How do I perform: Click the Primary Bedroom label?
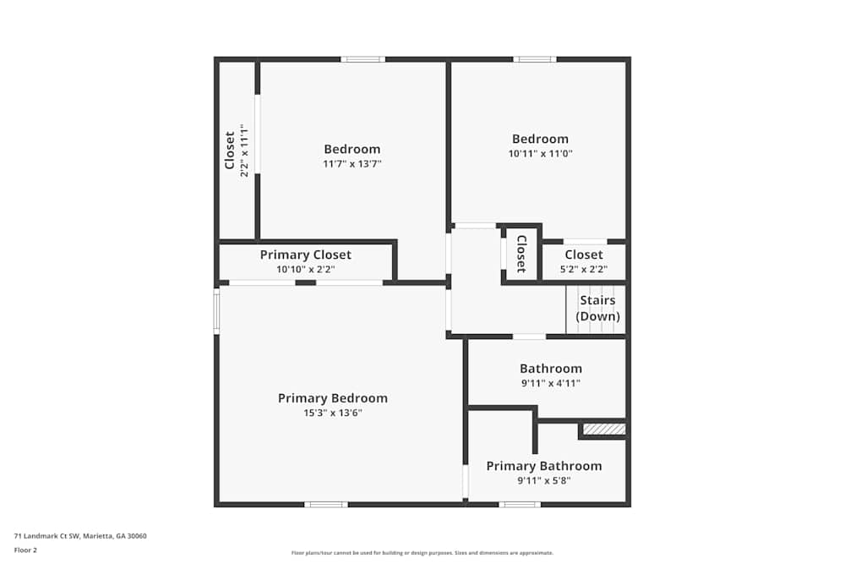click(332, 398)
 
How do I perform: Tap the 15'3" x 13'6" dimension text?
click(332, 413)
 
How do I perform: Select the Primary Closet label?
click(305, 255)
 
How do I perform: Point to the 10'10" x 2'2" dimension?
click(305, 270)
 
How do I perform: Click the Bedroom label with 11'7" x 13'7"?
click(352, 150)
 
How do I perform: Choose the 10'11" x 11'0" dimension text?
click(540, 154)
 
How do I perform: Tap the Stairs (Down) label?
click(597, 309)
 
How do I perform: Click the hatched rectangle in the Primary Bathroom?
click(604, 430)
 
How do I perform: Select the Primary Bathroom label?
click(544, 466)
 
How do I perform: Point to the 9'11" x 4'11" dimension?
click(550, 383)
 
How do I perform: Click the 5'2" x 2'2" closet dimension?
click(584, 270)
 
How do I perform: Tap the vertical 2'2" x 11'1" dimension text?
click(245, 151)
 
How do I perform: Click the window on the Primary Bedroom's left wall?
click(216, 311)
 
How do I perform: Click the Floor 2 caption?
click(25, 550)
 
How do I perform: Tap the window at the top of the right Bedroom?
click(534, 59)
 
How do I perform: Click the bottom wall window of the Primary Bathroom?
click(519, 505)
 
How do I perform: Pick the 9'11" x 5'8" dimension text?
click(544, 481)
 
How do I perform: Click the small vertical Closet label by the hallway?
click(521, 253)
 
